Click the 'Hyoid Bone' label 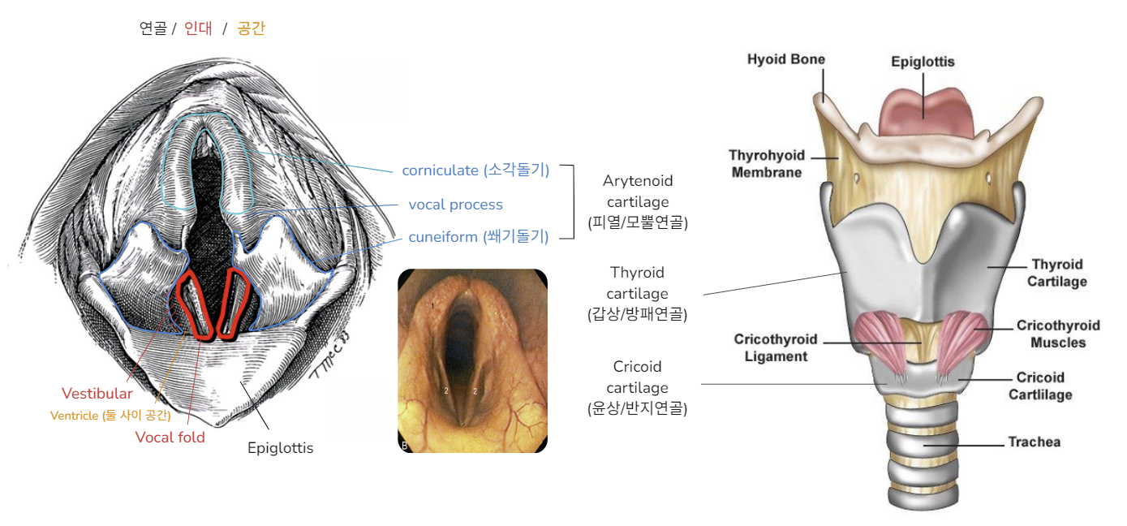pyautogui.click(x=785, y=59)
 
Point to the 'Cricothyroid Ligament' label pyautogui.click(x=775, y=347)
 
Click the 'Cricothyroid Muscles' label pyautogui.click(x=1058, y=334)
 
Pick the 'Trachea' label pyautogui.click(x=1034, y=442)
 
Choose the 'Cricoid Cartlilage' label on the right pyautogui.click(x=1040, y=386)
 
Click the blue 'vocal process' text pyautogui.click(x=455, y=205)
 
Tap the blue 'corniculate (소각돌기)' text pyautogui.click(x=475, y=170)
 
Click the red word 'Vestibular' pyautogui.click(x=97, y=394)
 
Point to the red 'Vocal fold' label pyautogui.click(x=170, y=438)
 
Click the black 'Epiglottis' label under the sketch pyautogui.click(x=280, y=448)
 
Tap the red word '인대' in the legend pyautogui.click(x=198, y=29)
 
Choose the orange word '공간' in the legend pyautogui.click(x=251, y=29)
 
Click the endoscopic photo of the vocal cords pyautogui.click(x=472, y=360)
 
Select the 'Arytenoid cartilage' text pyautogui.click(x=638, y=201)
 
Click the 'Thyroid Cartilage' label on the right pyautogui.click(x=1057, y=273)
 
